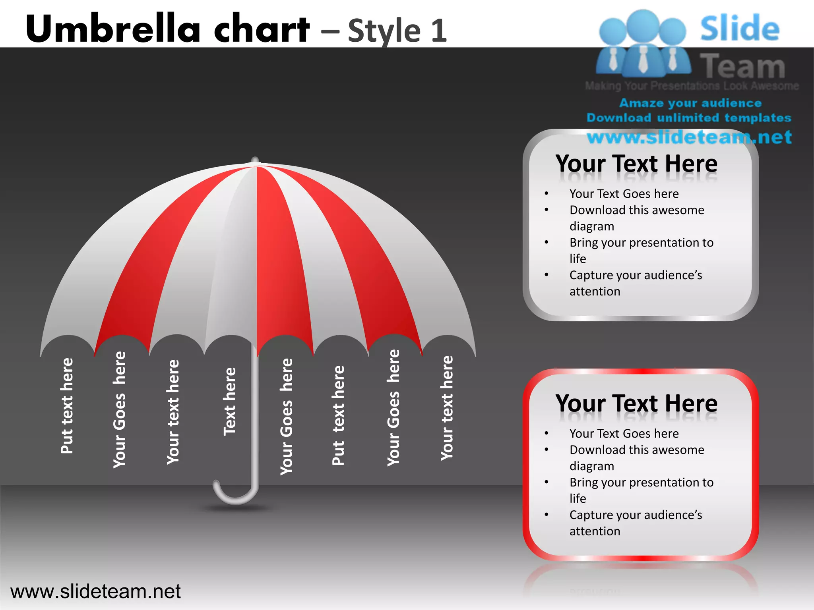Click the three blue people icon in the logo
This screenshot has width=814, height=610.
(x=643, y=44)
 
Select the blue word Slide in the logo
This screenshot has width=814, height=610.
(x=739, y=28)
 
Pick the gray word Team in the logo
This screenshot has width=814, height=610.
(x=742, y=66)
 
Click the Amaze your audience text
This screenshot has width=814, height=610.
(x=690, y=103)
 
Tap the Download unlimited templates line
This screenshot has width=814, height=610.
(x=689, y=118)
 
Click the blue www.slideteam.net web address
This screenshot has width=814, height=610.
(x=689, y=137)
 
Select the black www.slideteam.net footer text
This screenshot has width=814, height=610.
(x=95, y=591)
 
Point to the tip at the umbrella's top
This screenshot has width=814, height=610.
(x=255, y=160)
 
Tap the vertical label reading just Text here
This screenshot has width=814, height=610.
(x=230, y=401)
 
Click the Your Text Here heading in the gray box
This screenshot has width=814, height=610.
(x=636, y=164)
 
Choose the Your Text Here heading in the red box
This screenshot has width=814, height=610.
(x=636, y=403)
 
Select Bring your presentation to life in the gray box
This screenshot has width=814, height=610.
(x=641, y=250)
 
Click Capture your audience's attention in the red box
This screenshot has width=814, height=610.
(x=636, y=523)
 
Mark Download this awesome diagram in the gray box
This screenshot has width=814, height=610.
(x=636, y=218)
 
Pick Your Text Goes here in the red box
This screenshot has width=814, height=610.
(x=624, y=433)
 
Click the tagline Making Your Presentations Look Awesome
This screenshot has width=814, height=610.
(x=692, y=86)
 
